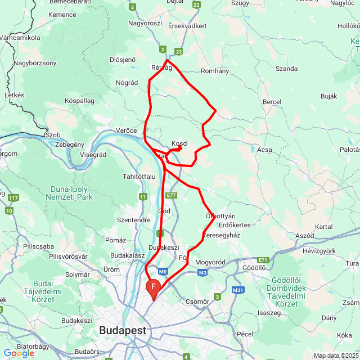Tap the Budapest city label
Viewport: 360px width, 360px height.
[x=123, y=330]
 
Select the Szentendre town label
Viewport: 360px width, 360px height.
[x=133, y=219]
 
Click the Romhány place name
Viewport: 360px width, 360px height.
[x=215, y=71]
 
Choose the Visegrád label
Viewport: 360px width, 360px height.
[x=93, y=155]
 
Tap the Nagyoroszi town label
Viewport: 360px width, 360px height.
[x=145, y=24]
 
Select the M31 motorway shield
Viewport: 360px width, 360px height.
[x=238, y=290]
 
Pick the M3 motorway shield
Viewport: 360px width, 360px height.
[x=202, y=273]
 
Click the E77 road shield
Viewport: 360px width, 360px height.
[x=172, y=195]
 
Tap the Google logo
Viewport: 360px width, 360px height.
[x=19, y=353]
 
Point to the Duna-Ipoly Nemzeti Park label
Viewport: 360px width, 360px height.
[x=72, y=193]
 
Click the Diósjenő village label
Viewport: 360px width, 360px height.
[x=123, y=60]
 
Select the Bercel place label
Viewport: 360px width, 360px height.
[x=272, y=102]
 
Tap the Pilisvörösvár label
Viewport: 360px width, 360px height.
[x=68, y=256]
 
